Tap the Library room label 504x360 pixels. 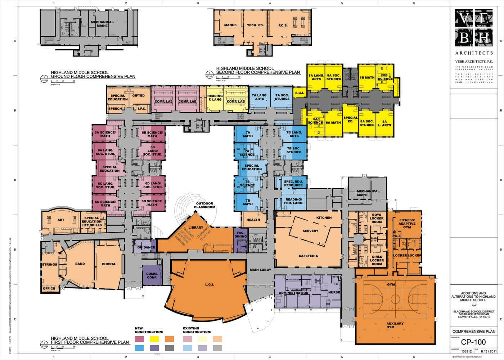pyautogui.click(x=195, y=228)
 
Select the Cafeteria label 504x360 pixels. pyautogui.click(x=308, y=256)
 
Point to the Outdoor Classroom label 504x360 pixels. pyautogui.click(x=204, y=205)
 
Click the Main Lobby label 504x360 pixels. pyautogui.click(x=260, y=270)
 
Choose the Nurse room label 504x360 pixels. pyautogui.click(x=334, y=292)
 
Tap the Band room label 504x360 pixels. pyautogui.click(x=80, y=264)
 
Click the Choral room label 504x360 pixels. pyautogui.click(x=109, y=264)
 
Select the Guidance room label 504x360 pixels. pyautogui.click(x=146, y=247)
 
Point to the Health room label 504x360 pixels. pyautogui.click(x=253, y=220)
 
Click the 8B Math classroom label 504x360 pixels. pyautogui.click(x=367, y=77)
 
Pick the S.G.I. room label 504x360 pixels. pyautogui.click(x=300, y=93)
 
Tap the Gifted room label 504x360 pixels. pyautogui.click(x=138, y=96)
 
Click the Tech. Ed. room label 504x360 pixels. pyautogui.click(x=255, y=26)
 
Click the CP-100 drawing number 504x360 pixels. pyautogui.click(x=473, y=342)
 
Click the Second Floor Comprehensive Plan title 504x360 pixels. pyautogui.click(x=258, y=70)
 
